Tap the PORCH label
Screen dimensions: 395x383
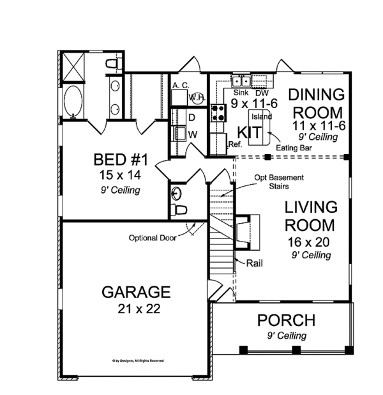click(x=285, y=320)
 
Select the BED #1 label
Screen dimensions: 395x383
click(x=117, y=159)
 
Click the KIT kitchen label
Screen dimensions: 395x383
click(x=249, y=132)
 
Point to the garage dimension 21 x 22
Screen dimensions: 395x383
click(x=136, y=309)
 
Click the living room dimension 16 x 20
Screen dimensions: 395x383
click(x=309, y=242)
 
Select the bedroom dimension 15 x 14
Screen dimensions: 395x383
click(x=117, y=174)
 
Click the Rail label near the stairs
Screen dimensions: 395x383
click(x=251, y=263)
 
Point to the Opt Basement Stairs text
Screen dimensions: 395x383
click(x=279, y=182)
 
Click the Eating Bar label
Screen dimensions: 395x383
click(x=289, y=148)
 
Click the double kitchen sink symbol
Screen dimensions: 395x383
click(x=241, y=81)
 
